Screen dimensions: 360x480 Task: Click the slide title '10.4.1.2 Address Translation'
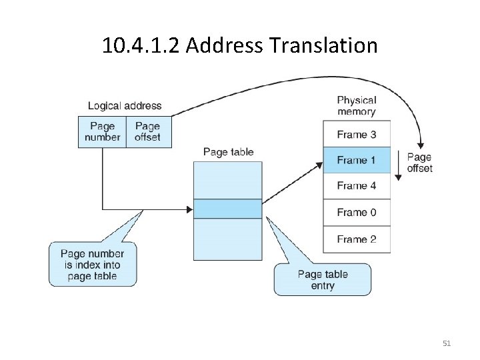click(240, 45)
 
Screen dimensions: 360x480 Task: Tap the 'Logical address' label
click(125, 105)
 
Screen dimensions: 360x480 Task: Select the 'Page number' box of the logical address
click(102, 131)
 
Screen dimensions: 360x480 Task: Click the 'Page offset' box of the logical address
click(147, 131)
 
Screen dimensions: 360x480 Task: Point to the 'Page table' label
click(228, 152)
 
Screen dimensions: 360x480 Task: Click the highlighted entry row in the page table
click(228, 209)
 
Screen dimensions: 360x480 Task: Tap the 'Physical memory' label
click(356, 106)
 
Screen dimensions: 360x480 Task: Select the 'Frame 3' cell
click(356, 134)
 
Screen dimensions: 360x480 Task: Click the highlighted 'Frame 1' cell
click(356, 160)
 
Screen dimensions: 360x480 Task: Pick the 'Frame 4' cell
click(356, 186)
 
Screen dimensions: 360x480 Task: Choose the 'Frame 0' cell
click(356, 213)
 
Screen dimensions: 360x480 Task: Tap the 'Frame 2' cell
click(356, 239)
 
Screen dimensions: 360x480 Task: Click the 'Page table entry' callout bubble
click(323, 280)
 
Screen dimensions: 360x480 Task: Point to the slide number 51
click(447, 343)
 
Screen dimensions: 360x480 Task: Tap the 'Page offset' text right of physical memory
click(419, 163)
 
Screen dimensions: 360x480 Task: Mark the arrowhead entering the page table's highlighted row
click(189, 209)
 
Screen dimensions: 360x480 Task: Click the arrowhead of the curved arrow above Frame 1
click(420, 146)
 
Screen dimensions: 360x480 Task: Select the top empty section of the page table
click(228, 180)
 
